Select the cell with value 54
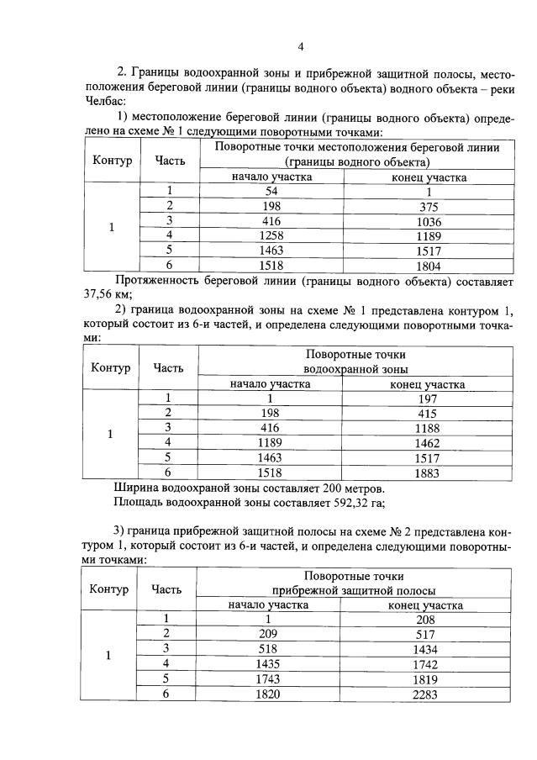pyautogui.click(x=271, y=192)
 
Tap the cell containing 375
pyautogui.click(x=429, y=207)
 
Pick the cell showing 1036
pyautogui.click(x=429, y=221)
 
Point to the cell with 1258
pyautogui.click(x=271, y=235)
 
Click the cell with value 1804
pyautogui.click(x=429, y=264)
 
